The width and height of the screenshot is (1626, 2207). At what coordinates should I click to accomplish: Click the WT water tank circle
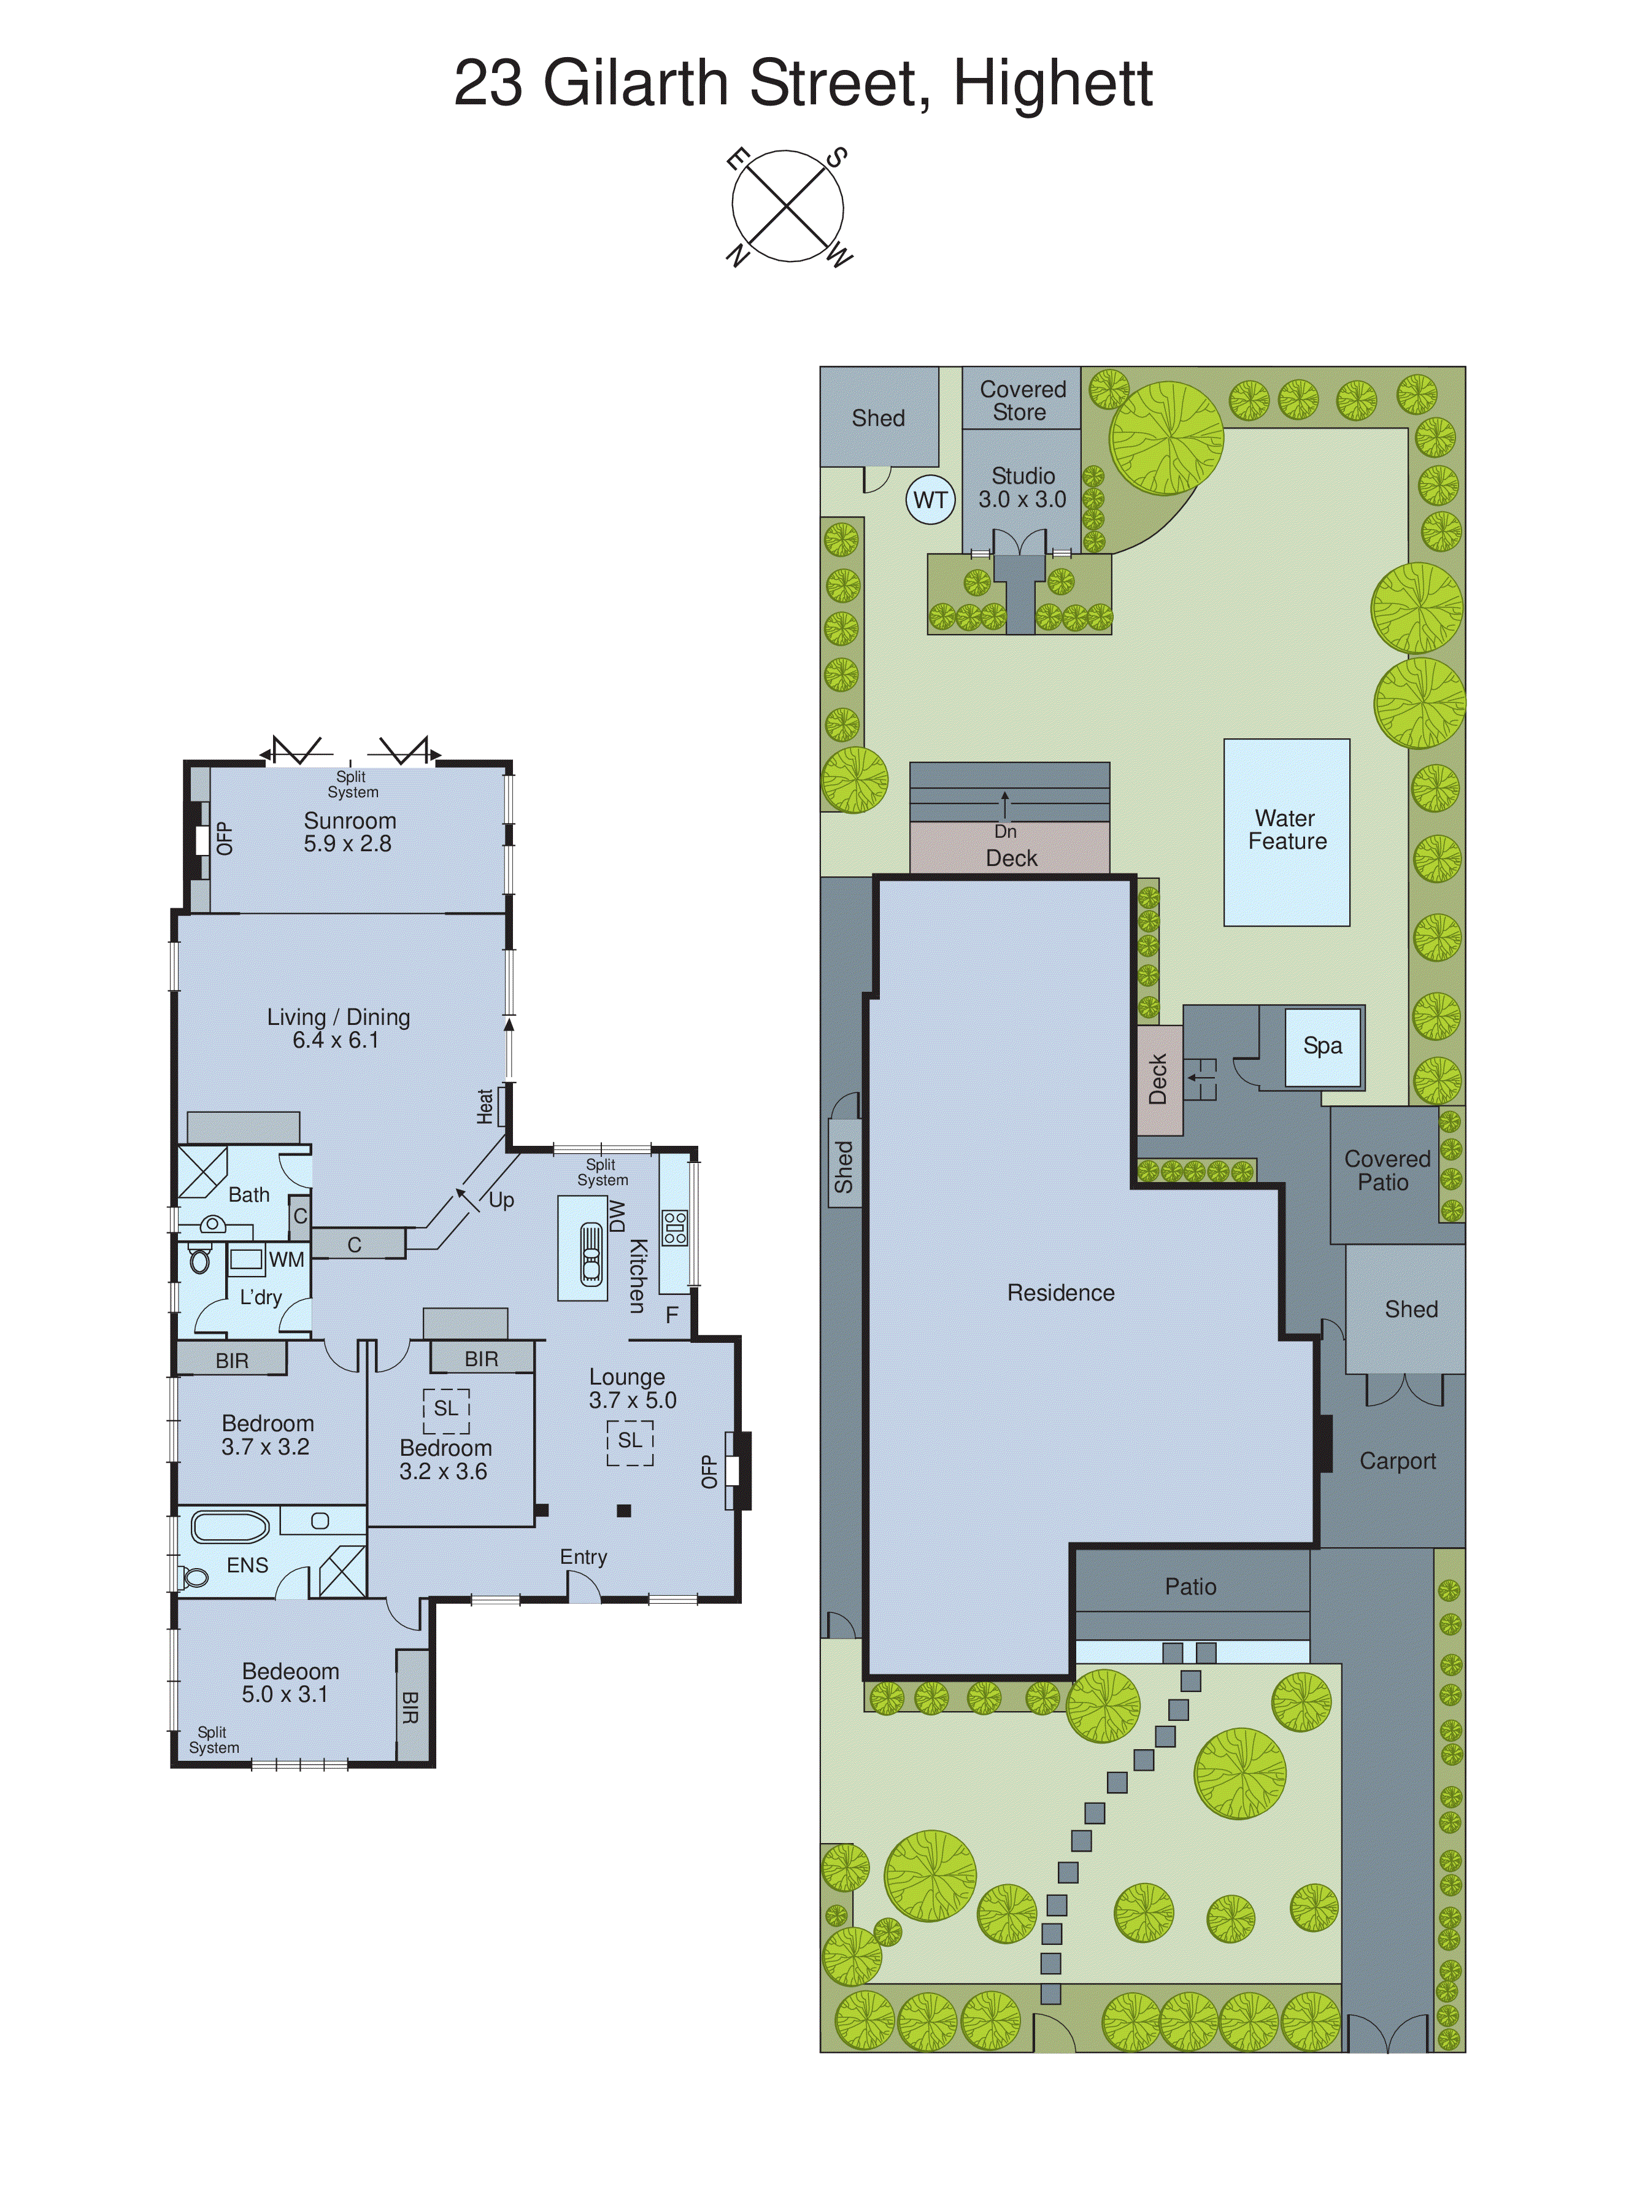pyautogui.click(x=930, y=500)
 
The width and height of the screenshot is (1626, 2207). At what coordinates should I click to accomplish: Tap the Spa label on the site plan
pyautogui.click(x=1322, y=1045)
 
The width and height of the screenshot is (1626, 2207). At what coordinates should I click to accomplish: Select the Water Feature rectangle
pyautogui.click(x=1287, y=832)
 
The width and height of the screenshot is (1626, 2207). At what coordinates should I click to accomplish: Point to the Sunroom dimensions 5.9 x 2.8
pyautogui.click(x=347, y=845)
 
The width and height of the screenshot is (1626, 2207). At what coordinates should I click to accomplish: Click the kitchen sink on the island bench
pyautogui.click(x=590, y=1253)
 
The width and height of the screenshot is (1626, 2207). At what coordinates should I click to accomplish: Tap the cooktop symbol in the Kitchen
pyautogui.click(x=675, y=1227)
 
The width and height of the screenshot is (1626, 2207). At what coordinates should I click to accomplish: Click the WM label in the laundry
pyautogui.click(x=287, y=1259)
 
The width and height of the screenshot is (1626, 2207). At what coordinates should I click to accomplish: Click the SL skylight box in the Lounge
pyautogui.click(x=630, y=1441)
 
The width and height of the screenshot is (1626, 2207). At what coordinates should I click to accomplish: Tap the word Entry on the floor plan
pyautogui.click(x=584, y=1557)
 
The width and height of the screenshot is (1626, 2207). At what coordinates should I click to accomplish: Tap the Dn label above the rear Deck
pyautogui.click(x=1005, y=832)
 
